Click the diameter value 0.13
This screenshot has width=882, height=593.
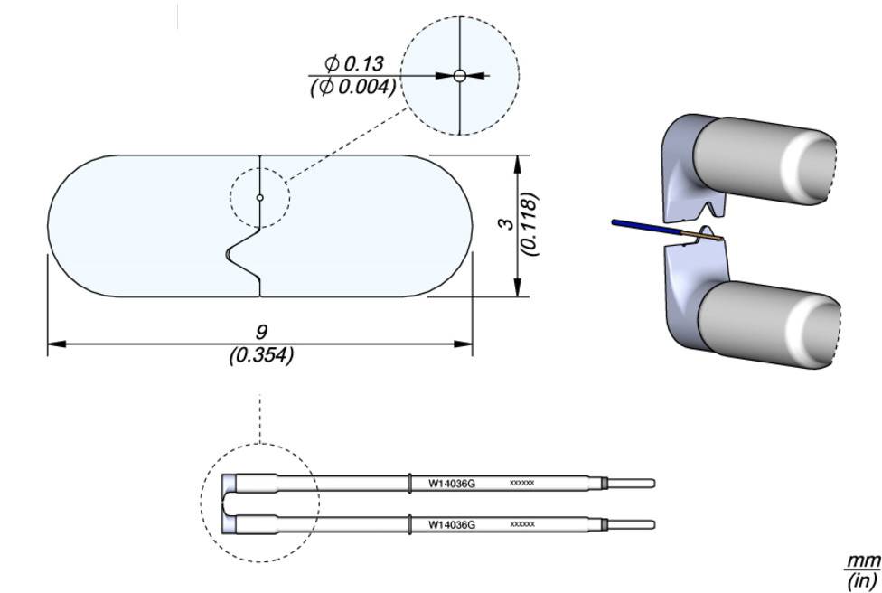[x=362, y=64]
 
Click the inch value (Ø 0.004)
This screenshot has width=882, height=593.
[x=353, y=87]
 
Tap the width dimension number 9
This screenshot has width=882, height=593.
[x=261, y=332]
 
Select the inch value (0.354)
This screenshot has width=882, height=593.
[x=261, y=355]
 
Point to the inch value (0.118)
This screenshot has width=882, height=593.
[x=531, y=223]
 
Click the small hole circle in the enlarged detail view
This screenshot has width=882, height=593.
[x=460, y=76]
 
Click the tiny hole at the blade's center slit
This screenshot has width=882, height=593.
[x=259, y=197]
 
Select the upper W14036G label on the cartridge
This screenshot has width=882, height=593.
[x=451, y=484]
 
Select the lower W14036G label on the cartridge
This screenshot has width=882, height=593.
[x=451, y=524]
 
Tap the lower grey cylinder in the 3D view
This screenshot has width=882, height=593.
[x=773, y=323]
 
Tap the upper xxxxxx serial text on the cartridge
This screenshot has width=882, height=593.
[x=522, y=484]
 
